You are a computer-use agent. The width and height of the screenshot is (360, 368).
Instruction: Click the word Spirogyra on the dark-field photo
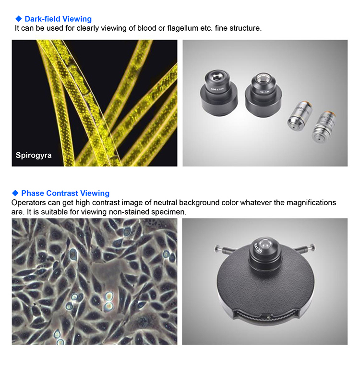click(x=34, y=155)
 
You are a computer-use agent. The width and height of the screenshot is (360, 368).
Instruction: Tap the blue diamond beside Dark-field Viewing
click(x=19, y=19)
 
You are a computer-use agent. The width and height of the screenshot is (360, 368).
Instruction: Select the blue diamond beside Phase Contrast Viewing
click(x=15, y=193)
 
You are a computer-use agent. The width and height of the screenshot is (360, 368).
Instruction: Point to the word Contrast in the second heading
click(x=62, y=193)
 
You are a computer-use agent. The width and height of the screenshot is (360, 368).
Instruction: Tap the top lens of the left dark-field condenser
click(x=217, y=76)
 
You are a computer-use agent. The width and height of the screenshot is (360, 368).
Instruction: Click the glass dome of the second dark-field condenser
click(x=264, y=79)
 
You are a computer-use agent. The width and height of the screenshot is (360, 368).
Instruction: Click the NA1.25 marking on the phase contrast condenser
click(x=258, y=248)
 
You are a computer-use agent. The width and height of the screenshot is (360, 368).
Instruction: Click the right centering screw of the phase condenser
click(x=305, y=248)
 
